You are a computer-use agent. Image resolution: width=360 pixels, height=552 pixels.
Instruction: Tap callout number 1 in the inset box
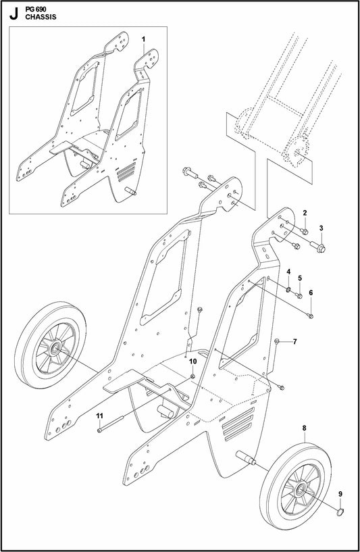(x=144, y=40)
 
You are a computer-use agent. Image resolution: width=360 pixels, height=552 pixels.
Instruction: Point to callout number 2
(x=305, y=213)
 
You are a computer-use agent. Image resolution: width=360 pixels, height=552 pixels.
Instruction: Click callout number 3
(x=322, y=228)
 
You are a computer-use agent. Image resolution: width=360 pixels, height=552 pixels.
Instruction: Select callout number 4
(x=288, y=272)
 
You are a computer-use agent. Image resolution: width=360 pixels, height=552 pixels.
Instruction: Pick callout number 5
(x=300, y=278)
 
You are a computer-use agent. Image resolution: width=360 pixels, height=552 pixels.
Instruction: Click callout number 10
(x=192, y=361)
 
